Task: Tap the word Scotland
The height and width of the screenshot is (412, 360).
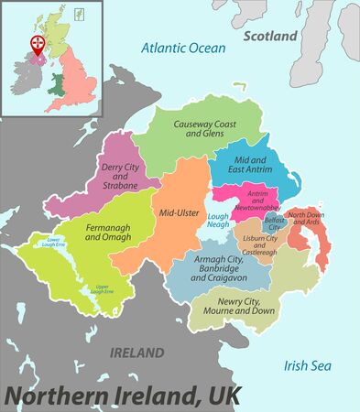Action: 271,36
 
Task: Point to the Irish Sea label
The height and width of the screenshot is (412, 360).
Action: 305,364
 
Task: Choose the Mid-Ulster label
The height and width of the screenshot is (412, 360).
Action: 180,212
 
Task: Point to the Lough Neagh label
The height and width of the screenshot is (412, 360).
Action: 218,221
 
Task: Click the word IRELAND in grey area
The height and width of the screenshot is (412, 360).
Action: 136,352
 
